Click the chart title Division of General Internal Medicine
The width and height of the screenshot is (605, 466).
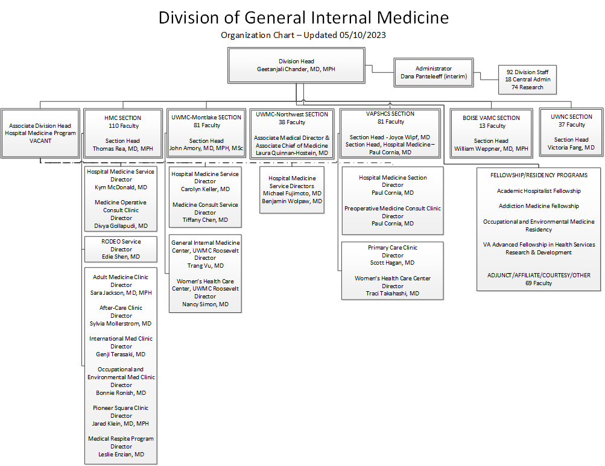[x=303, y=17]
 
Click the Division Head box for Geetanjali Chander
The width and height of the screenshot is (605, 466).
[x=296, y=65]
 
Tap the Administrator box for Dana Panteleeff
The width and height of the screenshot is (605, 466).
[x=433, y=72]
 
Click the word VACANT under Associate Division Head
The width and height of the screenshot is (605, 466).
[x=40, y=140]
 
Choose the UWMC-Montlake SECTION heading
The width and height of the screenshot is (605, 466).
[x=206, y=118]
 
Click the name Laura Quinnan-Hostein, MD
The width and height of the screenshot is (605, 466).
[x=292, y=153]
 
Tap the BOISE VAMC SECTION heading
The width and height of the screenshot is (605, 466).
[x=491, y=118]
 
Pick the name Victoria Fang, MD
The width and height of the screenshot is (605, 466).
[x=571, y=147]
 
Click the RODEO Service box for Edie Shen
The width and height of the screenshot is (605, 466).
[x=121, y=249]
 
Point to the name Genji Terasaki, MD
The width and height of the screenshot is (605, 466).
[x=121, y=354]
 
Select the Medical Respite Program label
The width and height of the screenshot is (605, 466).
[x=121, y=439]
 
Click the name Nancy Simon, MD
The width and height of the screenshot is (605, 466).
[x=205, y=304]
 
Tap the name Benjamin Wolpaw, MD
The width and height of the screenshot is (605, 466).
[x=292, y=201]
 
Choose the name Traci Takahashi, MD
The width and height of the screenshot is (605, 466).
[x=392, y=294]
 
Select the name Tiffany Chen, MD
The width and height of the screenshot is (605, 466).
[x=205, y=220]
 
